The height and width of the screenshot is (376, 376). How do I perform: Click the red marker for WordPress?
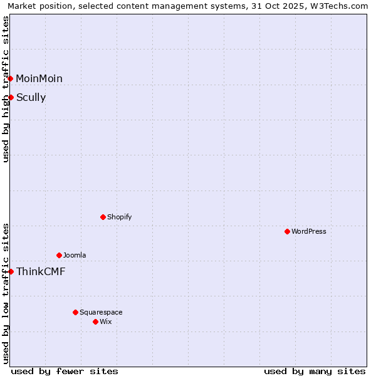[x=287, y=231]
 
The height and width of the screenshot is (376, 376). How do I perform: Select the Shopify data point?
[x=103, y=217]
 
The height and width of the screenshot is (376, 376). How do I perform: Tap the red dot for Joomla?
[x=59, y=255]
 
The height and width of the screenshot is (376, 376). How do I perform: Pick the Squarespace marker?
[x=75, y=312]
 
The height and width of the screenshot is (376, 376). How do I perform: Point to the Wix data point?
[x=95, y=321]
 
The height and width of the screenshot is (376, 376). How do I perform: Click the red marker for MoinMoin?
[x=11, y=78]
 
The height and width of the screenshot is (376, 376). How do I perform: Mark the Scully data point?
[x=11, y=97]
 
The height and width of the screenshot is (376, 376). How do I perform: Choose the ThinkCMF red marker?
[x=11, y=271]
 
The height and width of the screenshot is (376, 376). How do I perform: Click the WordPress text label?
[x=309, y=231]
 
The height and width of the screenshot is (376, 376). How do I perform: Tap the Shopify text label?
[x=119, y=217]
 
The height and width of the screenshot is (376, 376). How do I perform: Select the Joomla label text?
[x=75, y=255]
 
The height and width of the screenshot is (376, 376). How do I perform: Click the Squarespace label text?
[x=101, y=312]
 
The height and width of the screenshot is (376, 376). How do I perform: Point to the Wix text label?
[x=106, y=321]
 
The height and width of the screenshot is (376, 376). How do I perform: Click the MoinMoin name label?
[x=39, y=78]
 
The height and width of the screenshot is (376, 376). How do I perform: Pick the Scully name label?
[x=31, y=97]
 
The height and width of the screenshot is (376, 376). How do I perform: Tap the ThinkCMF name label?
[x=41, y=271]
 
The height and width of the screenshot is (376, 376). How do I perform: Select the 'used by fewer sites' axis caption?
[x=65, y=371]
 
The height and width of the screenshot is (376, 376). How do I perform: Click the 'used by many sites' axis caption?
[x=315, y=371]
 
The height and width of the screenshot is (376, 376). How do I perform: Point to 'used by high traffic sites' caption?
[x=6, y=89]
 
